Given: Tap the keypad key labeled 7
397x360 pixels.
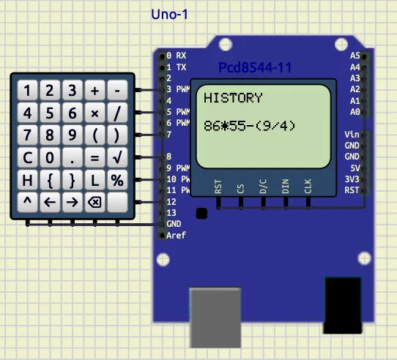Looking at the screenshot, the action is pyautogui.click(x=27, y=135).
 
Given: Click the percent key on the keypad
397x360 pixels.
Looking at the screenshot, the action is pyautogui.click(x=117, y=180).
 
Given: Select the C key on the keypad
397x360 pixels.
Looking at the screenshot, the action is pyautogui.click(x=27, y=157).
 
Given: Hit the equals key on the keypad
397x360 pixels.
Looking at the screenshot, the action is pyautogui.click(x=94, y=157).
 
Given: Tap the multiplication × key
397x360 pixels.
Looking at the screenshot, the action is pyautogui.click(x=94, y=113).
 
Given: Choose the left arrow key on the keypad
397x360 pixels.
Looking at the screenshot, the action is pyautogui.click(x=50, y=202).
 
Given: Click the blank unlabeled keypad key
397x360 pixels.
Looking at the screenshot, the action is pyautogui.click(x=117, y=202).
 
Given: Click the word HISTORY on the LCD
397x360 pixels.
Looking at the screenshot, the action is pyautogui.click(x=233, y=98).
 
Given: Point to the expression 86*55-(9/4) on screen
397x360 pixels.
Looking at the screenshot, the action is pyautogui.click(x=250, y=126).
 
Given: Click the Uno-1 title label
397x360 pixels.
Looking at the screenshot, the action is pyautogui.click(x=169, y=15).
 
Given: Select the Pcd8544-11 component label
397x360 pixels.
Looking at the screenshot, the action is pyautogui.click(x=255, y=67).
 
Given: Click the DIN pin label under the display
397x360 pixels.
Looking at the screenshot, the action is pyautogui.click(x=286, y=186).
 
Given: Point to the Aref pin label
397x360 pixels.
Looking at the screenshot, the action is pyautogui.click(x=176, y=236).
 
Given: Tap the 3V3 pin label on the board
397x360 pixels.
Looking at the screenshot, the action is pyautogui.click(x=352, y=179).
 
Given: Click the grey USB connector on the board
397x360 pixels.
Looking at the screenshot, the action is pyautogui.click(x=215, y=318).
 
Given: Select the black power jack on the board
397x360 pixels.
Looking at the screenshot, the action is pyautogui.click(x=343, y=305).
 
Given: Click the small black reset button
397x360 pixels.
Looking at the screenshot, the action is pyautogui.click(x=201, y=213).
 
